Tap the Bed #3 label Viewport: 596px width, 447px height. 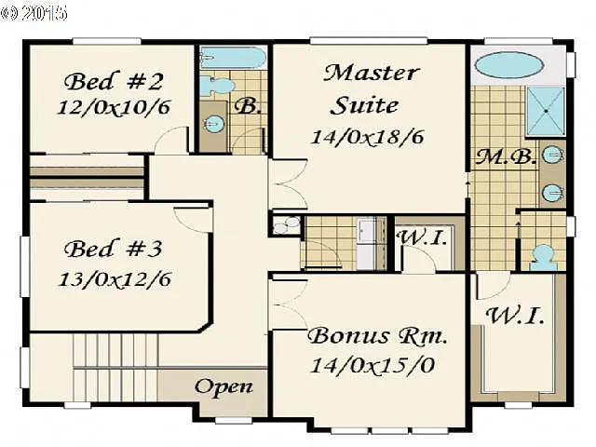point(114,250)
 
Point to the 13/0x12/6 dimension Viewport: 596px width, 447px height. point(118,278)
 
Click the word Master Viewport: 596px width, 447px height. point(372,73)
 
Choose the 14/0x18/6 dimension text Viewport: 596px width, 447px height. point(367,136)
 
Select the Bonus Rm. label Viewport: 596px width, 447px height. point(378,334)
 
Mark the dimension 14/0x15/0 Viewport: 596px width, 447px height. point(373,363)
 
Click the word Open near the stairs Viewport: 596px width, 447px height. point(223,386)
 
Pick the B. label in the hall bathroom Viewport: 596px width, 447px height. point(246,105)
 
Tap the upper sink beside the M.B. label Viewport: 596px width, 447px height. point(553,155)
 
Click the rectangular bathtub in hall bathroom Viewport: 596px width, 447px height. point(233,59)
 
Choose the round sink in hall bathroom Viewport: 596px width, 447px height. point(213,122)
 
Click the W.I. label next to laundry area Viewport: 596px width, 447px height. point(423,237)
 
